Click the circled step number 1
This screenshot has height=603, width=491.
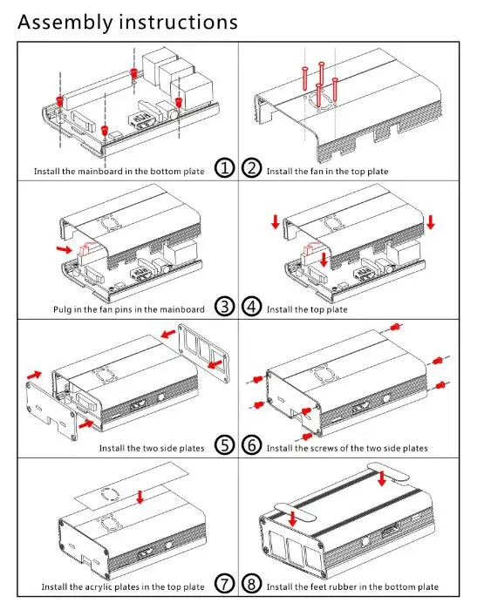coord(224,168)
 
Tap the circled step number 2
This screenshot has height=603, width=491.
coord(252,168)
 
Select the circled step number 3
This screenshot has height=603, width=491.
coord(224,307)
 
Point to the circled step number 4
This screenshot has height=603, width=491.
coord(252,307)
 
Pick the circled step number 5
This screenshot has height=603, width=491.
coord(224,445)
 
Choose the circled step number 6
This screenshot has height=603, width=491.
coord(252,445)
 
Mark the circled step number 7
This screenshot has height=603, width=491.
coord(224,584)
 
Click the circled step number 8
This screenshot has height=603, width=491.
coord(252,584)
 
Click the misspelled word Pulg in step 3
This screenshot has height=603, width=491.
coord(62,309)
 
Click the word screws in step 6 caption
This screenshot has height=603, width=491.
coord(323,448)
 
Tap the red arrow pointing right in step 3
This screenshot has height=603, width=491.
coord(64,249)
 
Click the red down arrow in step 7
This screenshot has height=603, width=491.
coord(140,497)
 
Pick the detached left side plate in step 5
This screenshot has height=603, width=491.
coord(51,409)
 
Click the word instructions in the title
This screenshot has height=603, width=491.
coord(179,22)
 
